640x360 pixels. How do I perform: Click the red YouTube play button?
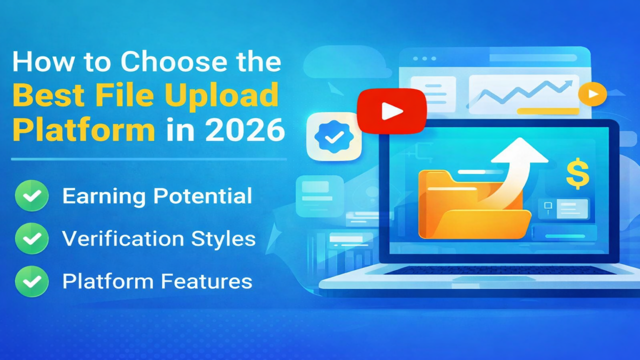(391, 111)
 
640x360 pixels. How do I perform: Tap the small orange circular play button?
(592, 94)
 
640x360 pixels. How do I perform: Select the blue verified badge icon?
(333, 136)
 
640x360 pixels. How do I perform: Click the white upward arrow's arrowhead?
(519, 150)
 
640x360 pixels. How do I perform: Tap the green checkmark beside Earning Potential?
(32, 196)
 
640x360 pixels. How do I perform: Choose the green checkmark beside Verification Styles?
(32, 238)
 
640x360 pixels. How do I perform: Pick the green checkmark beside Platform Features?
(32, 281)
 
